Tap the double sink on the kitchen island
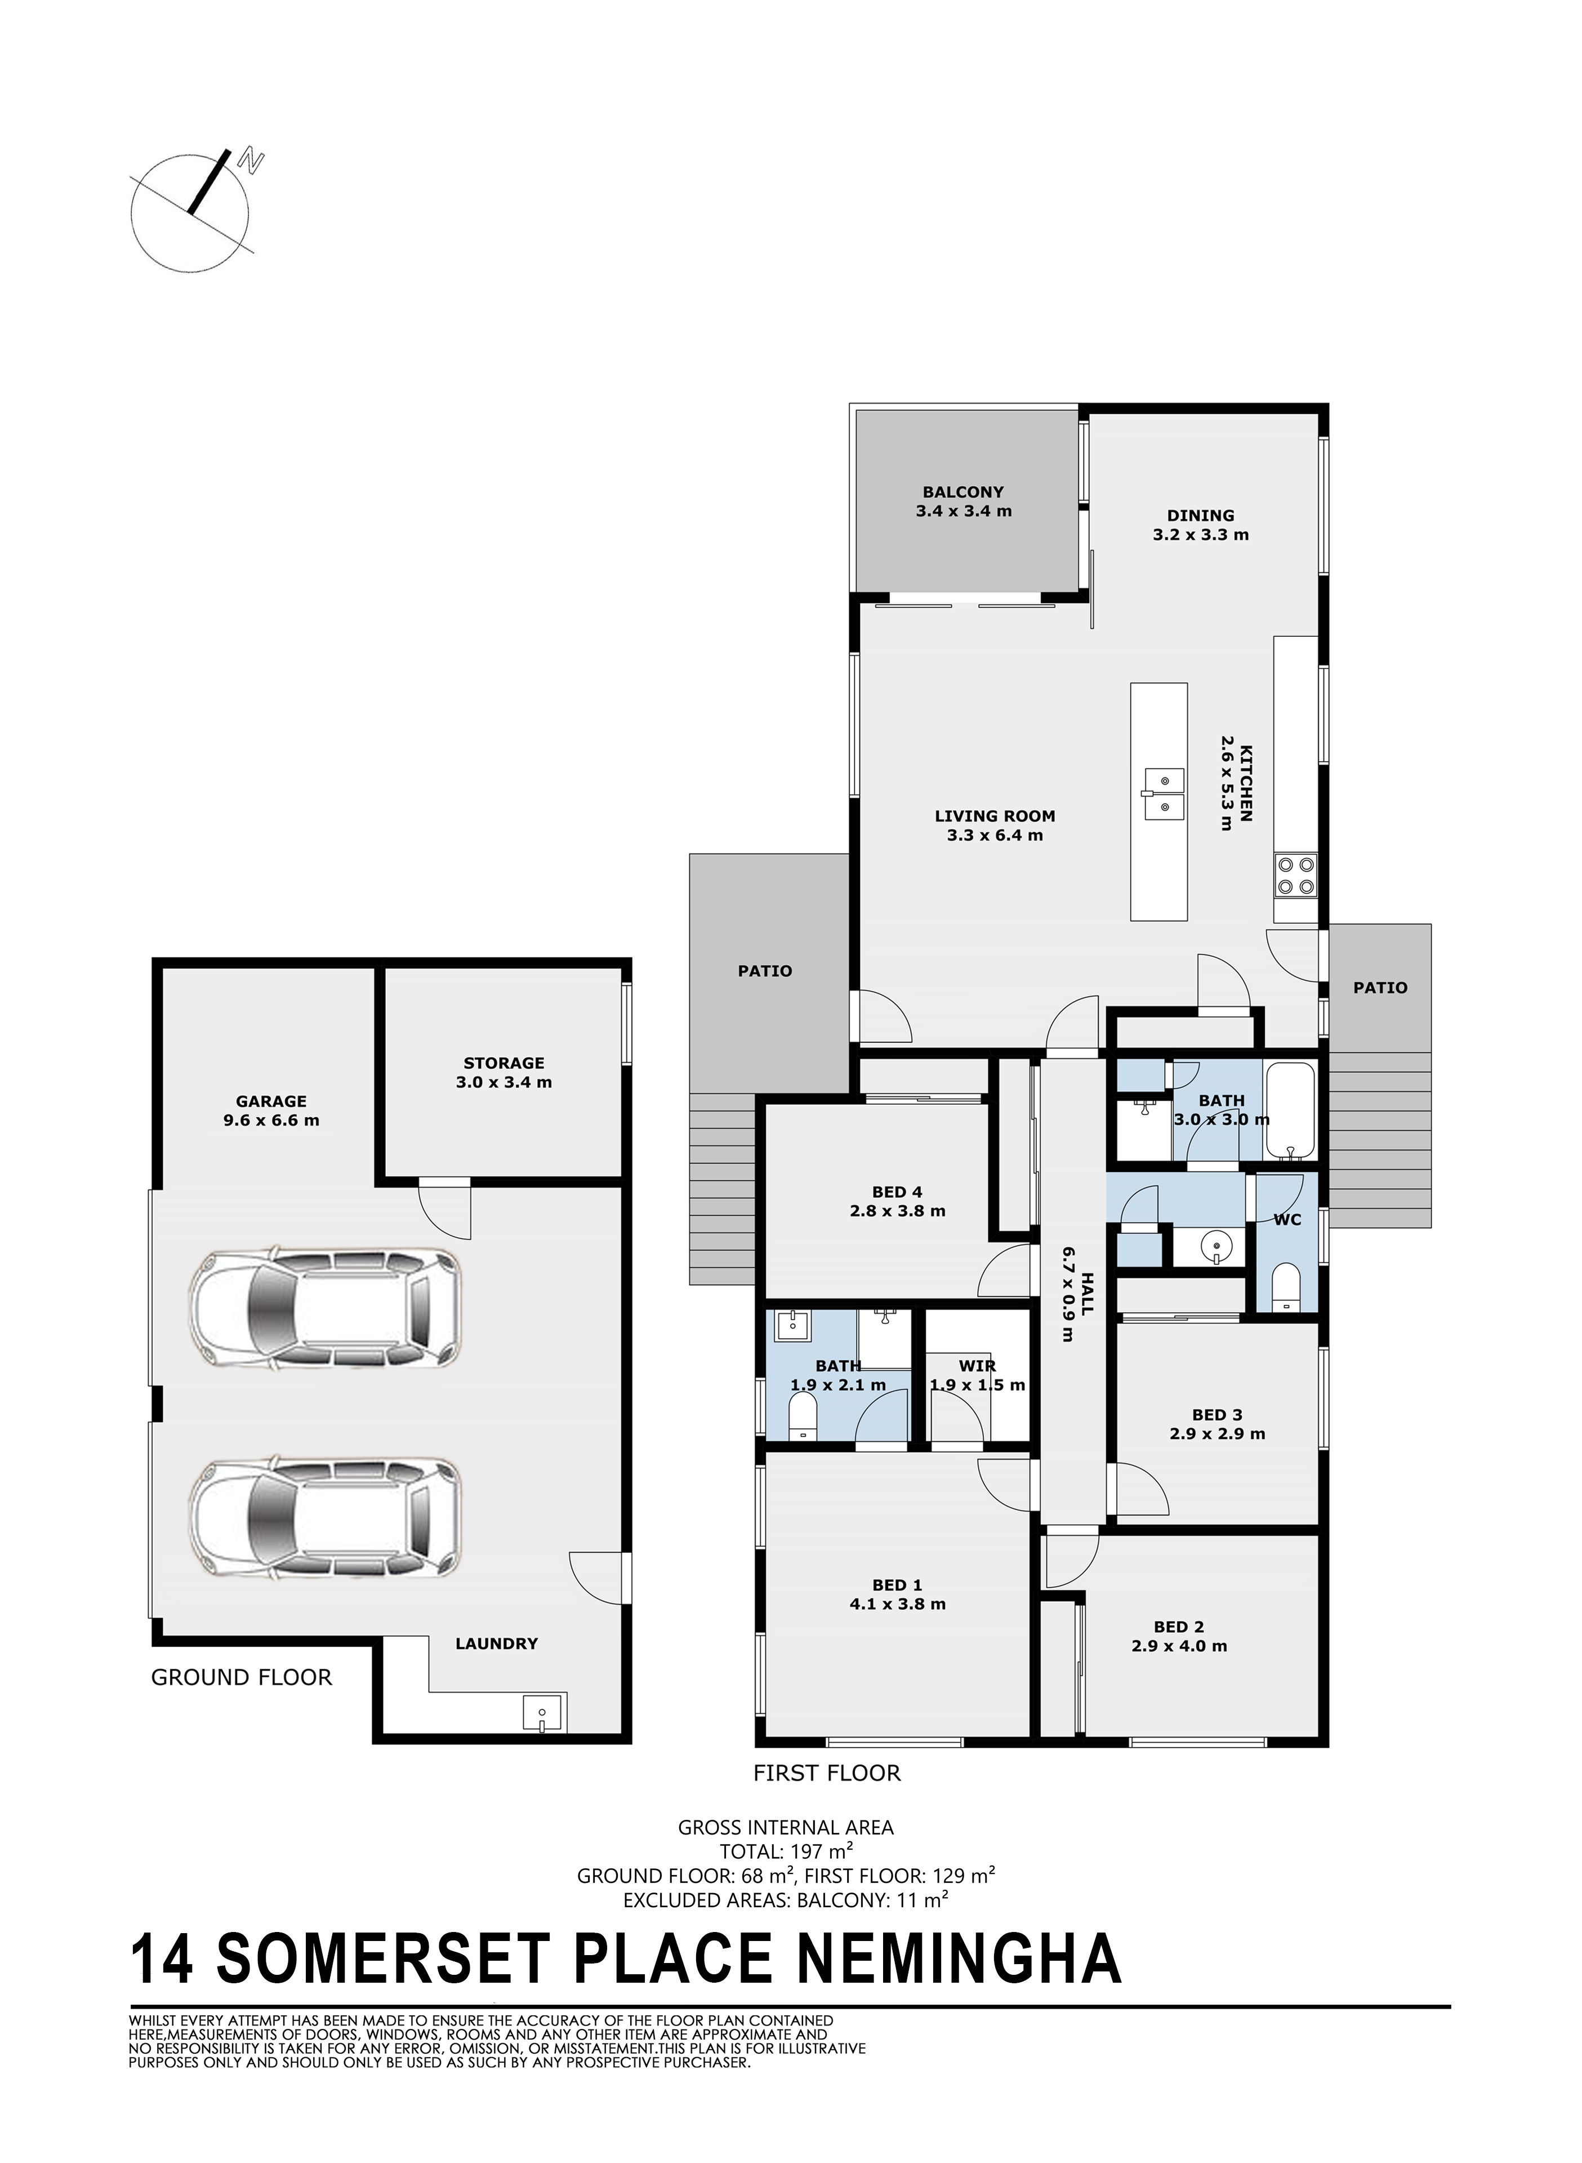[1162, 795]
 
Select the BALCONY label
[964, 492]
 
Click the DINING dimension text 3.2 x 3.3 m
[1201, 535]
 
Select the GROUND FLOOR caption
[241, 1677]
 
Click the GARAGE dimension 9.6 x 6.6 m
[271, 1120]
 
